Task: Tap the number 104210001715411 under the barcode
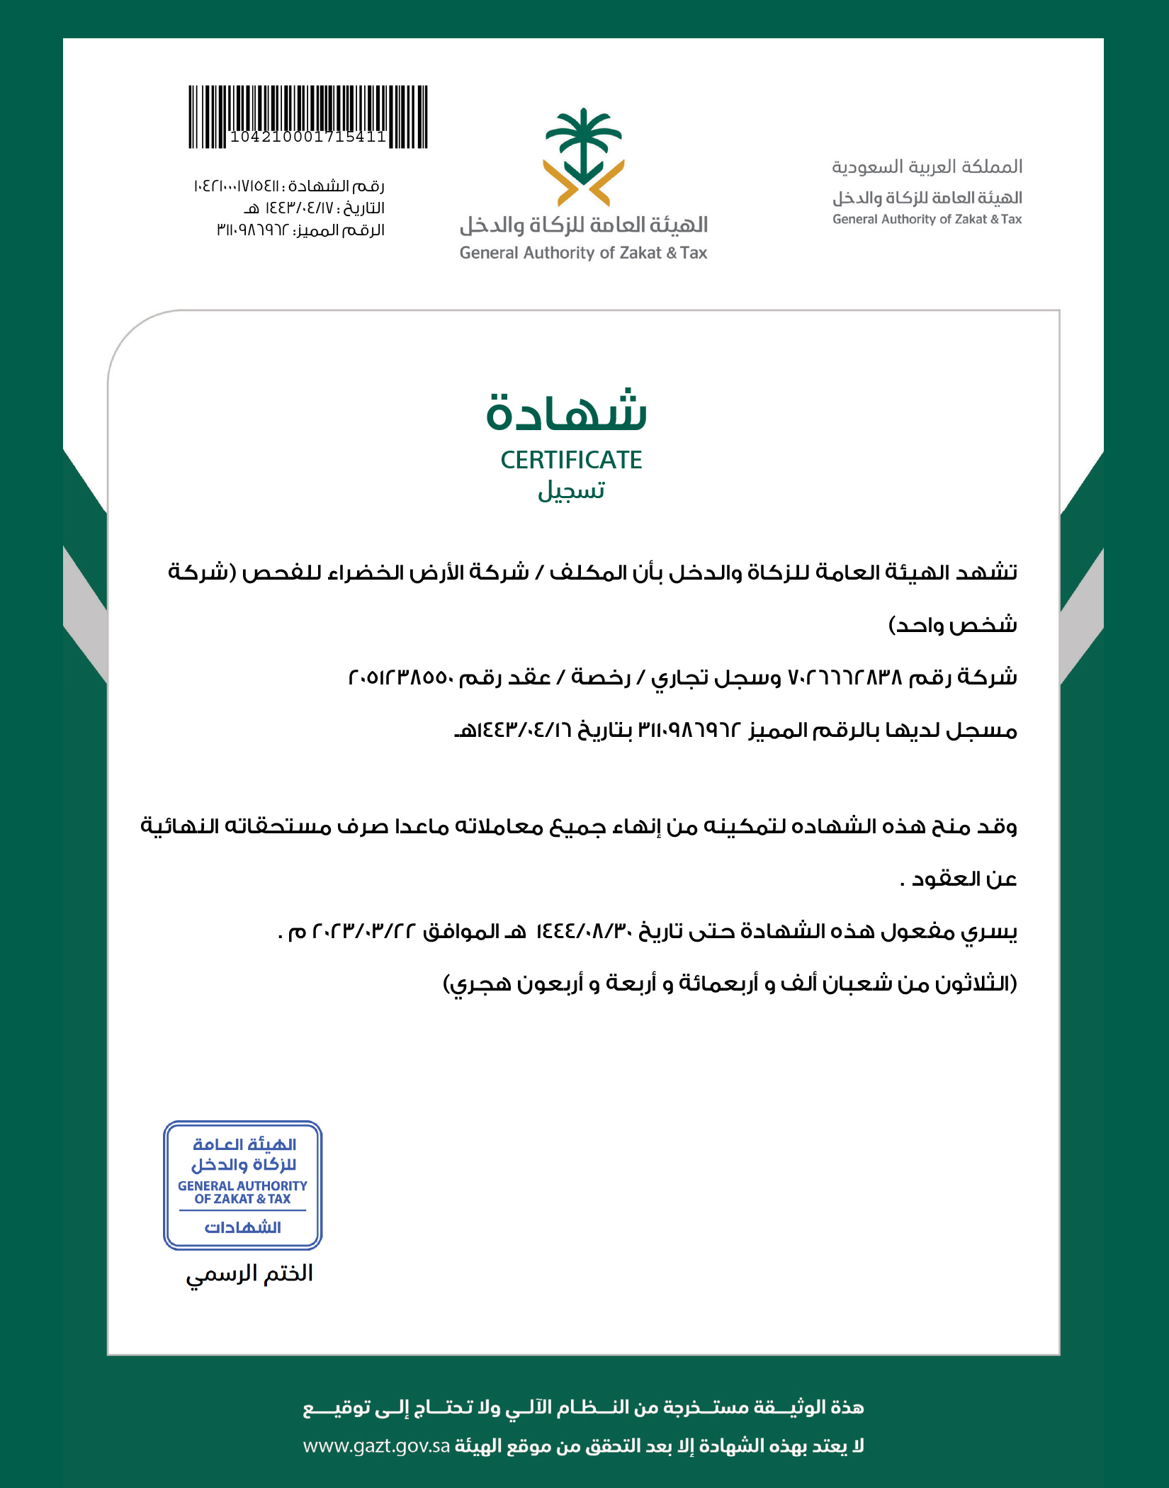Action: click(x=307, y=137)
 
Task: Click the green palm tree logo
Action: click(x=584, y=157)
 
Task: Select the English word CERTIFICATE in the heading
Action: click(x=571, y=460)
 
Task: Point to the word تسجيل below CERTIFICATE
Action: click(x=571, y=490)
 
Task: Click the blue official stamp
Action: click(x=243, y=1185)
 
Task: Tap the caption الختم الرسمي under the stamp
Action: click(x=249, y=1273)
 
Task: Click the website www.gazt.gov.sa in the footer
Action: click(x=376, y=1445)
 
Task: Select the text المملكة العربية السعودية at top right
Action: click(x=927, y=167)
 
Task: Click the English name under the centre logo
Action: click(x=583, y=253)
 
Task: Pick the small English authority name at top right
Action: click(x=927, y=219)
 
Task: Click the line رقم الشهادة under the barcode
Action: click(x=289, y=186)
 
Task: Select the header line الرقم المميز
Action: click(x=300, y=230)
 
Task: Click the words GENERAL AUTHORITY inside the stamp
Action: click(x=242, y=1185)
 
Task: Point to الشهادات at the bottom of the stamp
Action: click(x=243, y=1227)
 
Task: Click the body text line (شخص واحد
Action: click(x=952, y=625)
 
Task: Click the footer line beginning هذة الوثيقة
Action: click(x=584, y=1407)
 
